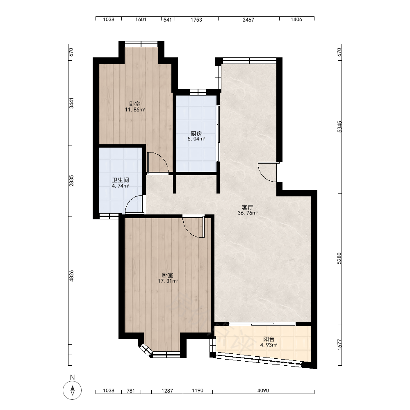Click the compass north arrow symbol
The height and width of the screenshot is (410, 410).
point(73,390)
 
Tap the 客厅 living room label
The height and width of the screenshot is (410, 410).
point(247,207)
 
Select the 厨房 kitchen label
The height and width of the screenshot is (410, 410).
point(196,134)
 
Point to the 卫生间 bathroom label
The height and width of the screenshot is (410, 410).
point(121,180)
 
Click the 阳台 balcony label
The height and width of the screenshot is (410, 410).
point(269,339)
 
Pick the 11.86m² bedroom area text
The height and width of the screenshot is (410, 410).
point(135,110)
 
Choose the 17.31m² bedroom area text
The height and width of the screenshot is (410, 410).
point(168,281)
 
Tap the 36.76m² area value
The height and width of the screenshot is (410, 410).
point(248,213)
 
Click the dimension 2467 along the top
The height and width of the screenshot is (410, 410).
point(248,20)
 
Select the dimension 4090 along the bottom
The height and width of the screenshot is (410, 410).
point(263,391)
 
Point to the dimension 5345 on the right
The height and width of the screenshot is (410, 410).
point(339,127)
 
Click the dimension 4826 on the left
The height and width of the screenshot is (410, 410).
point(71,276)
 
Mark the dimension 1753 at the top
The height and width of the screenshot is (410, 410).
point(196,20)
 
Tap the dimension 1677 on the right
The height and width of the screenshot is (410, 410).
point(339,345)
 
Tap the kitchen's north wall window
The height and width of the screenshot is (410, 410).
point(198,92)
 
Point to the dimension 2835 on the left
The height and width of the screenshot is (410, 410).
point(71,181)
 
